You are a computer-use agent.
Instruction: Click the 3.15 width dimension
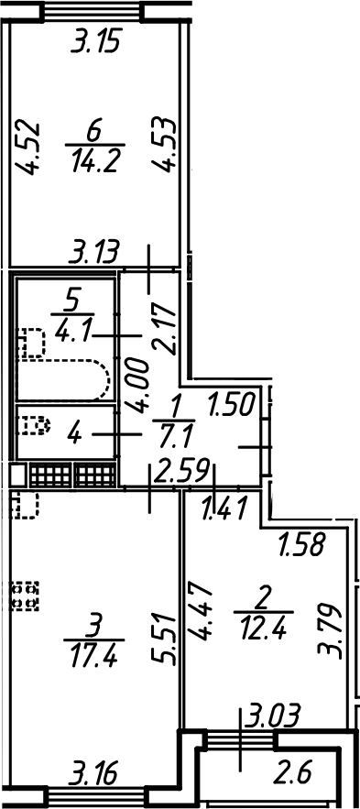tap(96, 41)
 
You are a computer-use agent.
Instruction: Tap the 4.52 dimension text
tap(27, 148)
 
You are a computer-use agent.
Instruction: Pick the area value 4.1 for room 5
tap(72, 329)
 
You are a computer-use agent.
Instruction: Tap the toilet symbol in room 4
tap(34, 426)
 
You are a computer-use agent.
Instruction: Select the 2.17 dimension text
tap(165, 330)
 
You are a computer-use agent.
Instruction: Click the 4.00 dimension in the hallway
tap(139, 387)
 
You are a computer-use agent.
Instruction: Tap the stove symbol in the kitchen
tap(25, 596)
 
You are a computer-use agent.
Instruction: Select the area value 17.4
tap(94, 653)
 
